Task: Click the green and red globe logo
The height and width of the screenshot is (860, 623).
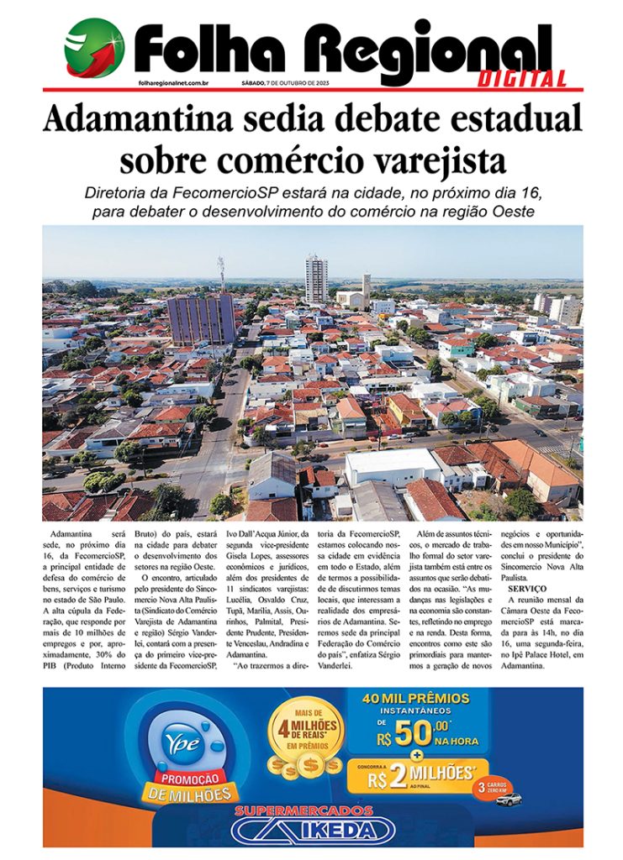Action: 94,48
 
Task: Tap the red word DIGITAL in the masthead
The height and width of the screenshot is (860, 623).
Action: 522,80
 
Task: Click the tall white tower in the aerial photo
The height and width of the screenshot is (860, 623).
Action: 316,279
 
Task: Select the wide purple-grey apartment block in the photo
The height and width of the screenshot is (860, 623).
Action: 201,317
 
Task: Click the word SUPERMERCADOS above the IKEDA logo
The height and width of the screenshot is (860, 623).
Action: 304,811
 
